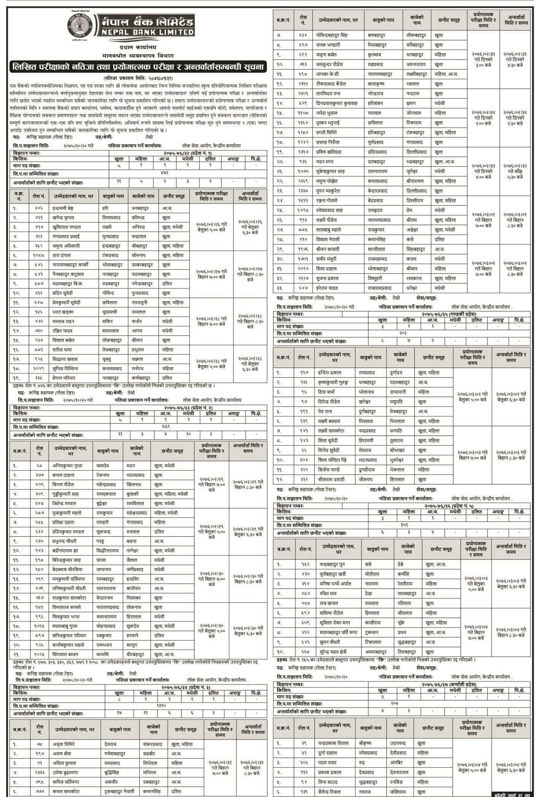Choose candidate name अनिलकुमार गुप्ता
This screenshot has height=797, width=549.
point(68,466)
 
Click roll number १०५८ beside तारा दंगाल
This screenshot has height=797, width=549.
point(39,256)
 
